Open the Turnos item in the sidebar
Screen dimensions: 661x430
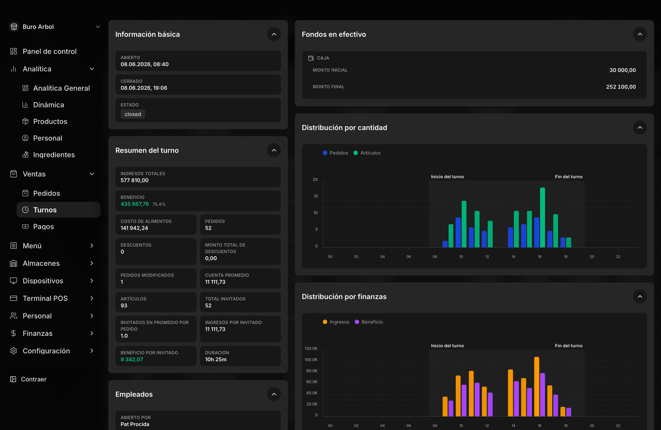coord(45,210)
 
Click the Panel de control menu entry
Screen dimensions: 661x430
coord(49,51)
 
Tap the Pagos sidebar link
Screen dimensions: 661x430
coord(43,226)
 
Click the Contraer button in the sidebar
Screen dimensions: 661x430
coord(34,379)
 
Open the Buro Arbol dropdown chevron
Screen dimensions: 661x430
coord(98,27)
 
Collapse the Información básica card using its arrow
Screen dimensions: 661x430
coord(274,34)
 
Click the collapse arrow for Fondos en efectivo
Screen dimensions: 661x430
coord(640,34)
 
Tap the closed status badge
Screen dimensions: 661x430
coord(133,114)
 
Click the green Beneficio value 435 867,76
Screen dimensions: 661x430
coord(135,204)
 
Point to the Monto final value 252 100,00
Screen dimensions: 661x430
coord(621,86)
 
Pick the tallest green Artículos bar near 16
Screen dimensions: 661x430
coord(542,217)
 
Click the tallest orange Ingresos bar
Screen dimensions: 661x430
coord(537,387)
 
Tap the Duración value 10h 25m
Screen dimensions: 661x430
coord(216,359)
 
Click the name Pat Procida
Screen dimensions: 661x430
coord(135,424)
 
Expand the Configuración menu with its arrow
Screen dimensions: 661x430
coord(92,351)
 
